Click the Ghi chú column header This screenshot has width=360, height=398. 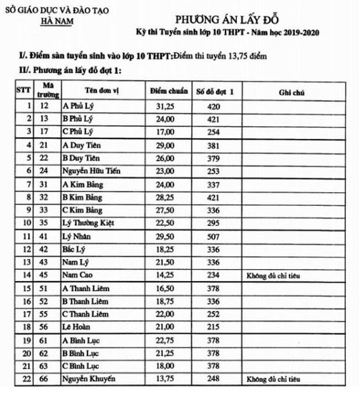click(291, 93)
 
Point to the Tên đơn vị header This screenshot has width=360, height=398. click(102, 91)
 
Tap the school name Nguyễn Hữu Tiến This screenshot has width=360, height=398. click(91, 171)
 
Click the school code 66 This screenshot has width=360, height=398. click(44, 379)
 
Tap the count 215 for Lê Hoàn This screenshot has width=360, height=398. click(214, 327)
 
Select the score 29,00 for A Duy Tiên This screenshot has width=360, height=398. click(168, 145)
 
